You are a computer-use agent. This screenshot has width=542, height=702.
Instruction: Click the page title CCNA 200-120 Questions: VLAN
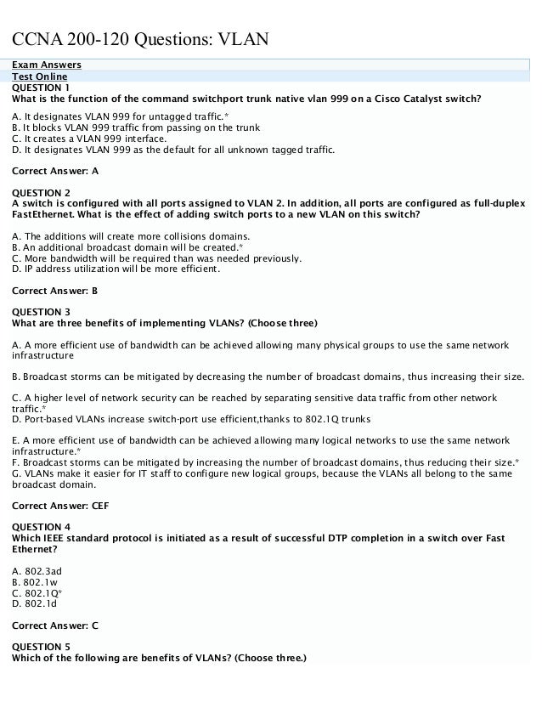pyautogui.click(x=139, y=39)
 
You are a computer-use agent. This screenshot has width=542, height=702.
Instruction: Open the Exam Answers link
pyautogui.click(x=47, y=65)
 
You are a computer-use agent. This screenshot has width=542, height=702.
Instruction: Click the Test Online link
pyautogui.click(x=42, y=76)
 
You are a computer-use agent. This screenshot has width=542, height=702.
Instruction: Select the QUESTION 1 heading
pyautogui.click(x=41, y=87)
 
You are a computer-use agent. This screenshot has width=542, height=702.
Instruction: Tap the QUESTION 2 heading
pyautogui.click(x=42, y=192)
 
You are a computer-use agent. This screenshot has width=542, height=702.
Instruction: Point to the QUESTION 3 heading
pyautogui.click(x=42, y=312)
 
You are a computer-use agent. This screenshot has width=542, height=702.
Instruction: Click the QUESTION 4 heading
pyautogui.click(x=42, y=527)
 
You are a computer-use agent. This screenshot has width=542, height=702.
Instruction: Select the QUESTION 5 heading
pyautogui.click(x=42, y=647)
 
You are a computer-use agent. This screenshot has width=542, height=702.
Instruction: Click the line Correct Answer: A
pyautogui.click(x=55, y=170)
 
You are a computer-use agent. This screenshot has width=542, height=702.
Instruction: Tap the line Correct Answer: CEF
pyautogui.click(x=61, y=505)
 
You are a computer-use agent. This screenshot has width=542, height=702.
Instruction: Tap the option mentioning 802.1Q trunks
pyautogui.click(x=191, y=419)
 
